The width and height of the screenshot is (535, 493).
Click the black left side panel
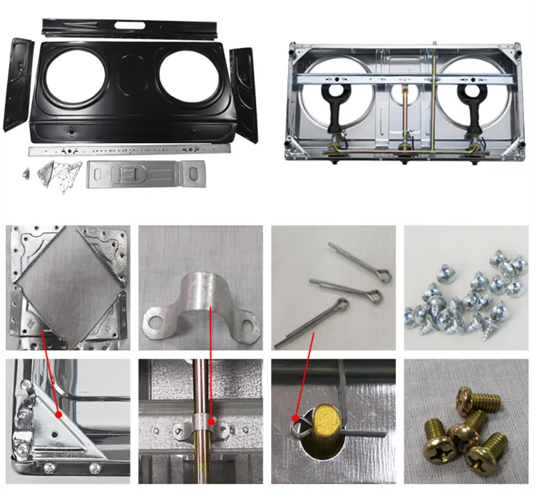point(18,84)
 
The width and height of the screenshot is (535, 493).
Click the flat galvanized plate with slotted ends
point(146,174)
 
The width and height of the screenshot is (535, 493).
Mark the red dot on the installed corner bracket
point(58,414)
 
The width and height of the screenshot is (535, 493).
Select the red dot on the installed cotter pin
point(295,419)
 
